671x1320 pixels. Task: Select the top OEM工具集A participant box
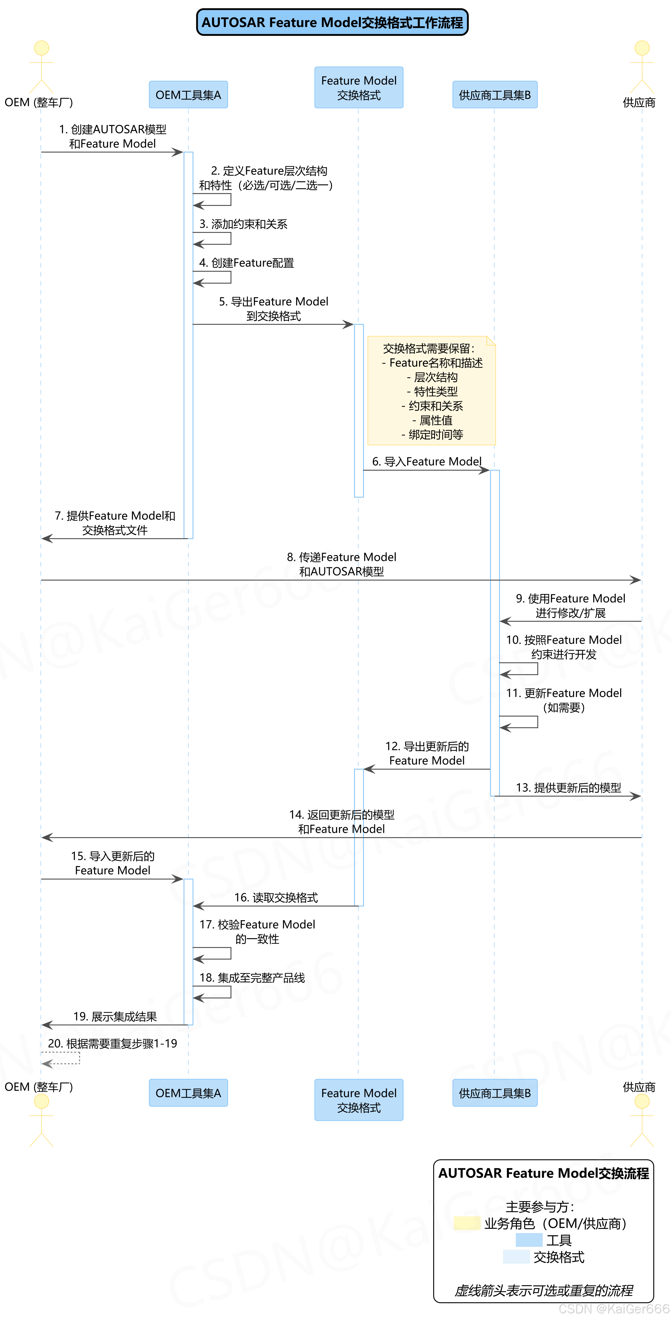pyautogui.click(x=188, y=95)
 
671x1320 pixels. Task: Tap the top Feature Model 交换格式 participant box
pyautogui.click(x=358, y=88)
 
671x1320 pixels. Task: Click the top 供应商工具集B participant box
pyautogui.click(x=494, y=95)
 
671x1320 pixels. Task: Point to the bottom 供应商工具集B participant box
pyautogui.click(x=494, y=1093)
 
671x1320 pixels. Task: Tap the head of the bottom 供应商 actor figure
pyautogui.click(x=641, y=1101)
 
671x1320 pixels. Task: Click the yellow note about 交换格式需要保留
pyautogui.click(x=431, y=391)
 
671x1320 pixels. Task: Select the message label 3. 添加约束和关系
pyautogui.click(x=243, y=224)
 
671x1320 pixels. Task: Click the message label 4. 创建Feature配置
pyautogui.click(x=246, y=263)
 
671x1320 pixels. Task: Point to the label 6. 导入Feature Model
pyautogui.click(x=426, y=461)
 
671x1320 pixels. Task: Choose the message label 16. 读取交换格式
pyautogui.click(x=276, y=897)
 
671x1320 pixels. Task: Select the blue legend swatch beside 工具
pyautogui.click(x=529, y=1240)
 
